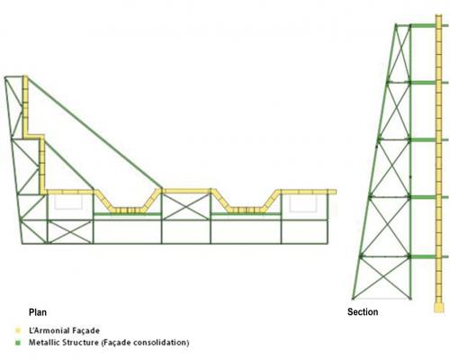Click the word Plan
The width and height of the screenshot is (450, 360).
tap(38, 312)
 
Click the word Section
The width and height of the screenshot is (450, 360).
tap(363, 312)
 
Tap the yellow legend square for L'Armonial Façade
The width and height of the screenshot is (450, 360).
tap(19, 330)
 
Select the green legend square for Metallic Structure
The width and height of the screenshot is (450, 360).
tap(19, 343)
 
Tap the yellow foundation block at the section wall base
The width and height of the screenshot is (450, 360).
tap(439, 308)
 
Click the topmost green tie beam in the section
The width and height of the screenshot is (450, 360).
tap(423, 25)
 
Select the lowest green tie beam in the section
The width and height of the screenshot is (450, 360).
tap(423, 256)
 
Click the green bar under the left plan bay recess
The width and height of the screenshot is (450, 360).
tap(127, 214)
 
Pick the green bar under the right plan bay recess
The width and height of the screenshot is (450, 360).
tap(246, 214)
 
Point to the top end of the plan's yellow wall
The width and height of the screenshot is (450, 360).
tap(25, 76)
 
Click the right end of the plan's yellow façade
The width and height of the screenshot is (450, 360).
tap(335, 192)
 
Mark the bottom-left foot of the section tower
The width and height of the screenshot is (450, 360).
tap(354, 299)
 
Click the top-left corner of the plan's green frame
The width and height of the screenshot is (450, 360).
tap(5, 77)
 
